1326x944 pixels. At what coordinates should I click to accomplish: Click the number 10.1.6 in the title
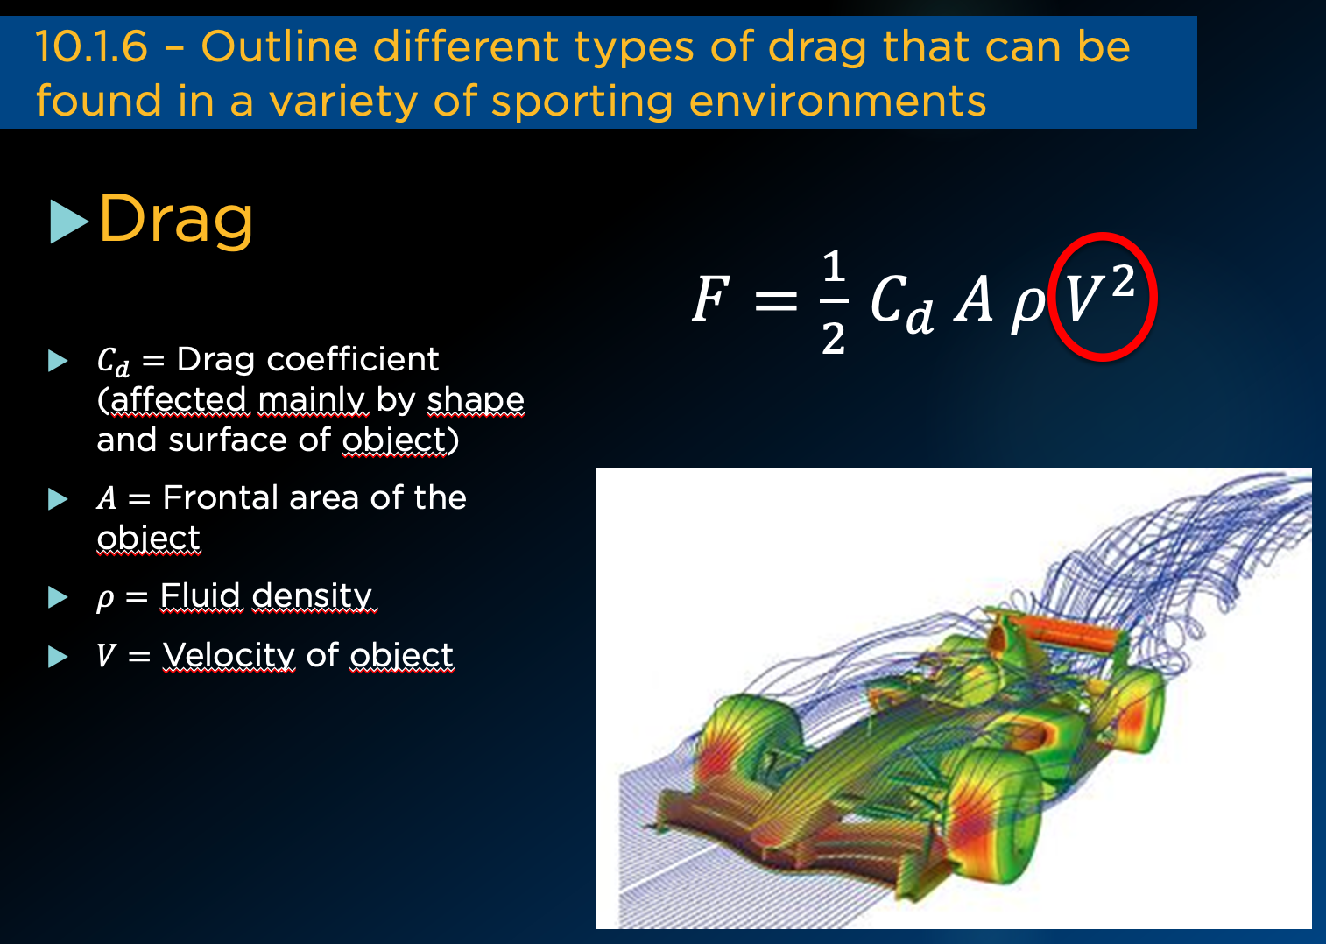click(x=91, y=46)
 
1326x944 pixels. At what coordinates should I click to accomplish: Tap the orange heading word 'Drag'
click(x=176, y=219)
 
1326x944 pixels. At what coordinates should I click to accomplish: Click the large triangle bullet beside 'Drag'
click(x=69, y=222)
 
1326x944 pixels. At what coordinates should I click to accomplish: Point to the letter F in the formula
click(x=710, y=299)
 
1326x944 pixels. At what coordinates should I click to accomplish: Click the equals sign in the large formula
click(x=776, y=300)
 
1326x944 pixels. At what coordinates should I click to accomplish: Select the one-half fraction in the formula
click(x=834, y=301)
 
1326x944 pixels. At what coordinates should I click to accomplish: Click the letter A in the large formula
click(x=973, y=299)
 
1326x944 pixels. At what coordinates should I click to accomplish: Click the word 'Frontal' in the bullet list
click(x=219, y=497)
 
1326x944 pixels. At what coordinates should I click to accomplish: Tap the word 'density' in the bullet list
click(x=312, y=596)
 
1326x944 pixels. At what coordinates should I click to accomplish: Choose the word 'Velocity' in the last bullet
click(x=229, y=656)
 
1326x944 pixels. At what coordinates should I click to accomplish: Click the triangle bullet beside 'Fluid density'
click(x=58, y=597)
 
